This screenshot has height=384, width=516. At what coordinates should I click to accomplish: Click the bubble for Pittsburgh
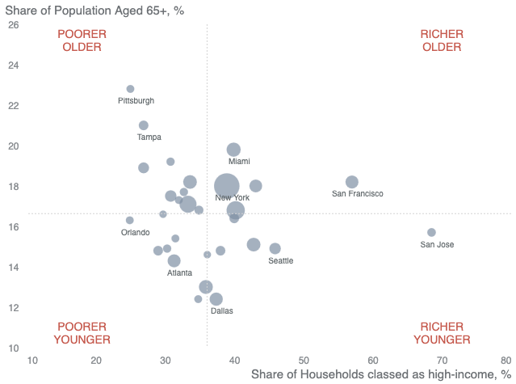click(x=130, y=89)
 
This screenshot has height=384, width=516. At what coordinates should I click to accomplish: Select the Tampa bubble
click(x=144, y=125)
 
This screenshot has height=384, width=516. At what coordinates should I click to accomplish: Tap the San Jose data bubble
click(x=431, y=233)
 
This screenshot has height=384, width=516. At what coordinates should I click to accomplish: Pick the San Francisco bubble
click(x=352, y=182)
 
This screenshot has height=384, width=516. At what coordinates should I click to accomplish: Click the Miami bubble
click(x=233, y=150)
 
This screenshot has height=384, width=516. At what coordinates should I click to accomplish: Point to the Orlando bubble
click(x=130, y=221)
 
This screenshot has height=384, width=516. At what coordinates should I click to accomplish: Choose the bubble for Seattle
click(x=275, y=249)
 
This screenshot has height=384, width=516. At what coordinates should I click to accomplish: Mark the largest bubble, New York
click(x=227, y=186)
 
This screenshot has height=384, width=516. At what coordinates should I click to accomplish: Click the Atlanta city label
click(x=180, y=273)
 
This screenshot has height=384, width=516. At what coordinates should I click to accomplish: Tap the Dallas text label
click(x=222, y=311)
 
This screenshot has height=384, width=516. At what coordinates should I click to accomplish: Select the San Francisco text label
click(x=358, y=194)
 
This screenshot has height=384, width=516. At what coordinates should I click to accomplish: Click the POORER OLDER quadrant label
click(x=82, y=40)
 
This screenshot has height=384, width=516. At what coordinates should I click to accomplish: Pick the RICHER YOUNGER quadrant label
click(x=442, y=333)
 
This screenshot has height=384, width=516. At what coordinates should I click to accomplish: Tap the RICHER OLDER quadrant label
click(x=442, y=40)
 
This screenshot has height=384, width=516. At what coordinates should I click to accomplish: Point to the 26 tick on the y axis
click(x=14, y=25)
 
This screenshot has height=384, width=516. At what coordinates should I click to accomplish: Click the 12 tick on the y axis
click(x=14, y=308)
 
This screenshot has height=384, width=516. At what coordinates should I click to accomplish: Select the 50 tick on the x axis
click(x=304, y=361)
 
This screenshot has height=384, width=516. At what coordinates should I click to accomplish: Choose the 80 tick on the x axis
click(x=506, y=361)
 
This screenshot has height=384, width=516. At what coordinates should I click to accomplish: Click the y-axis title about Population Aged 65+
click(x=94, y=11)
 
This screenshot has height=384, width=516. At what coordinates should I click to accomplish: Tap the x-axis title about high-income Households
click(x=381, y=375)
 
